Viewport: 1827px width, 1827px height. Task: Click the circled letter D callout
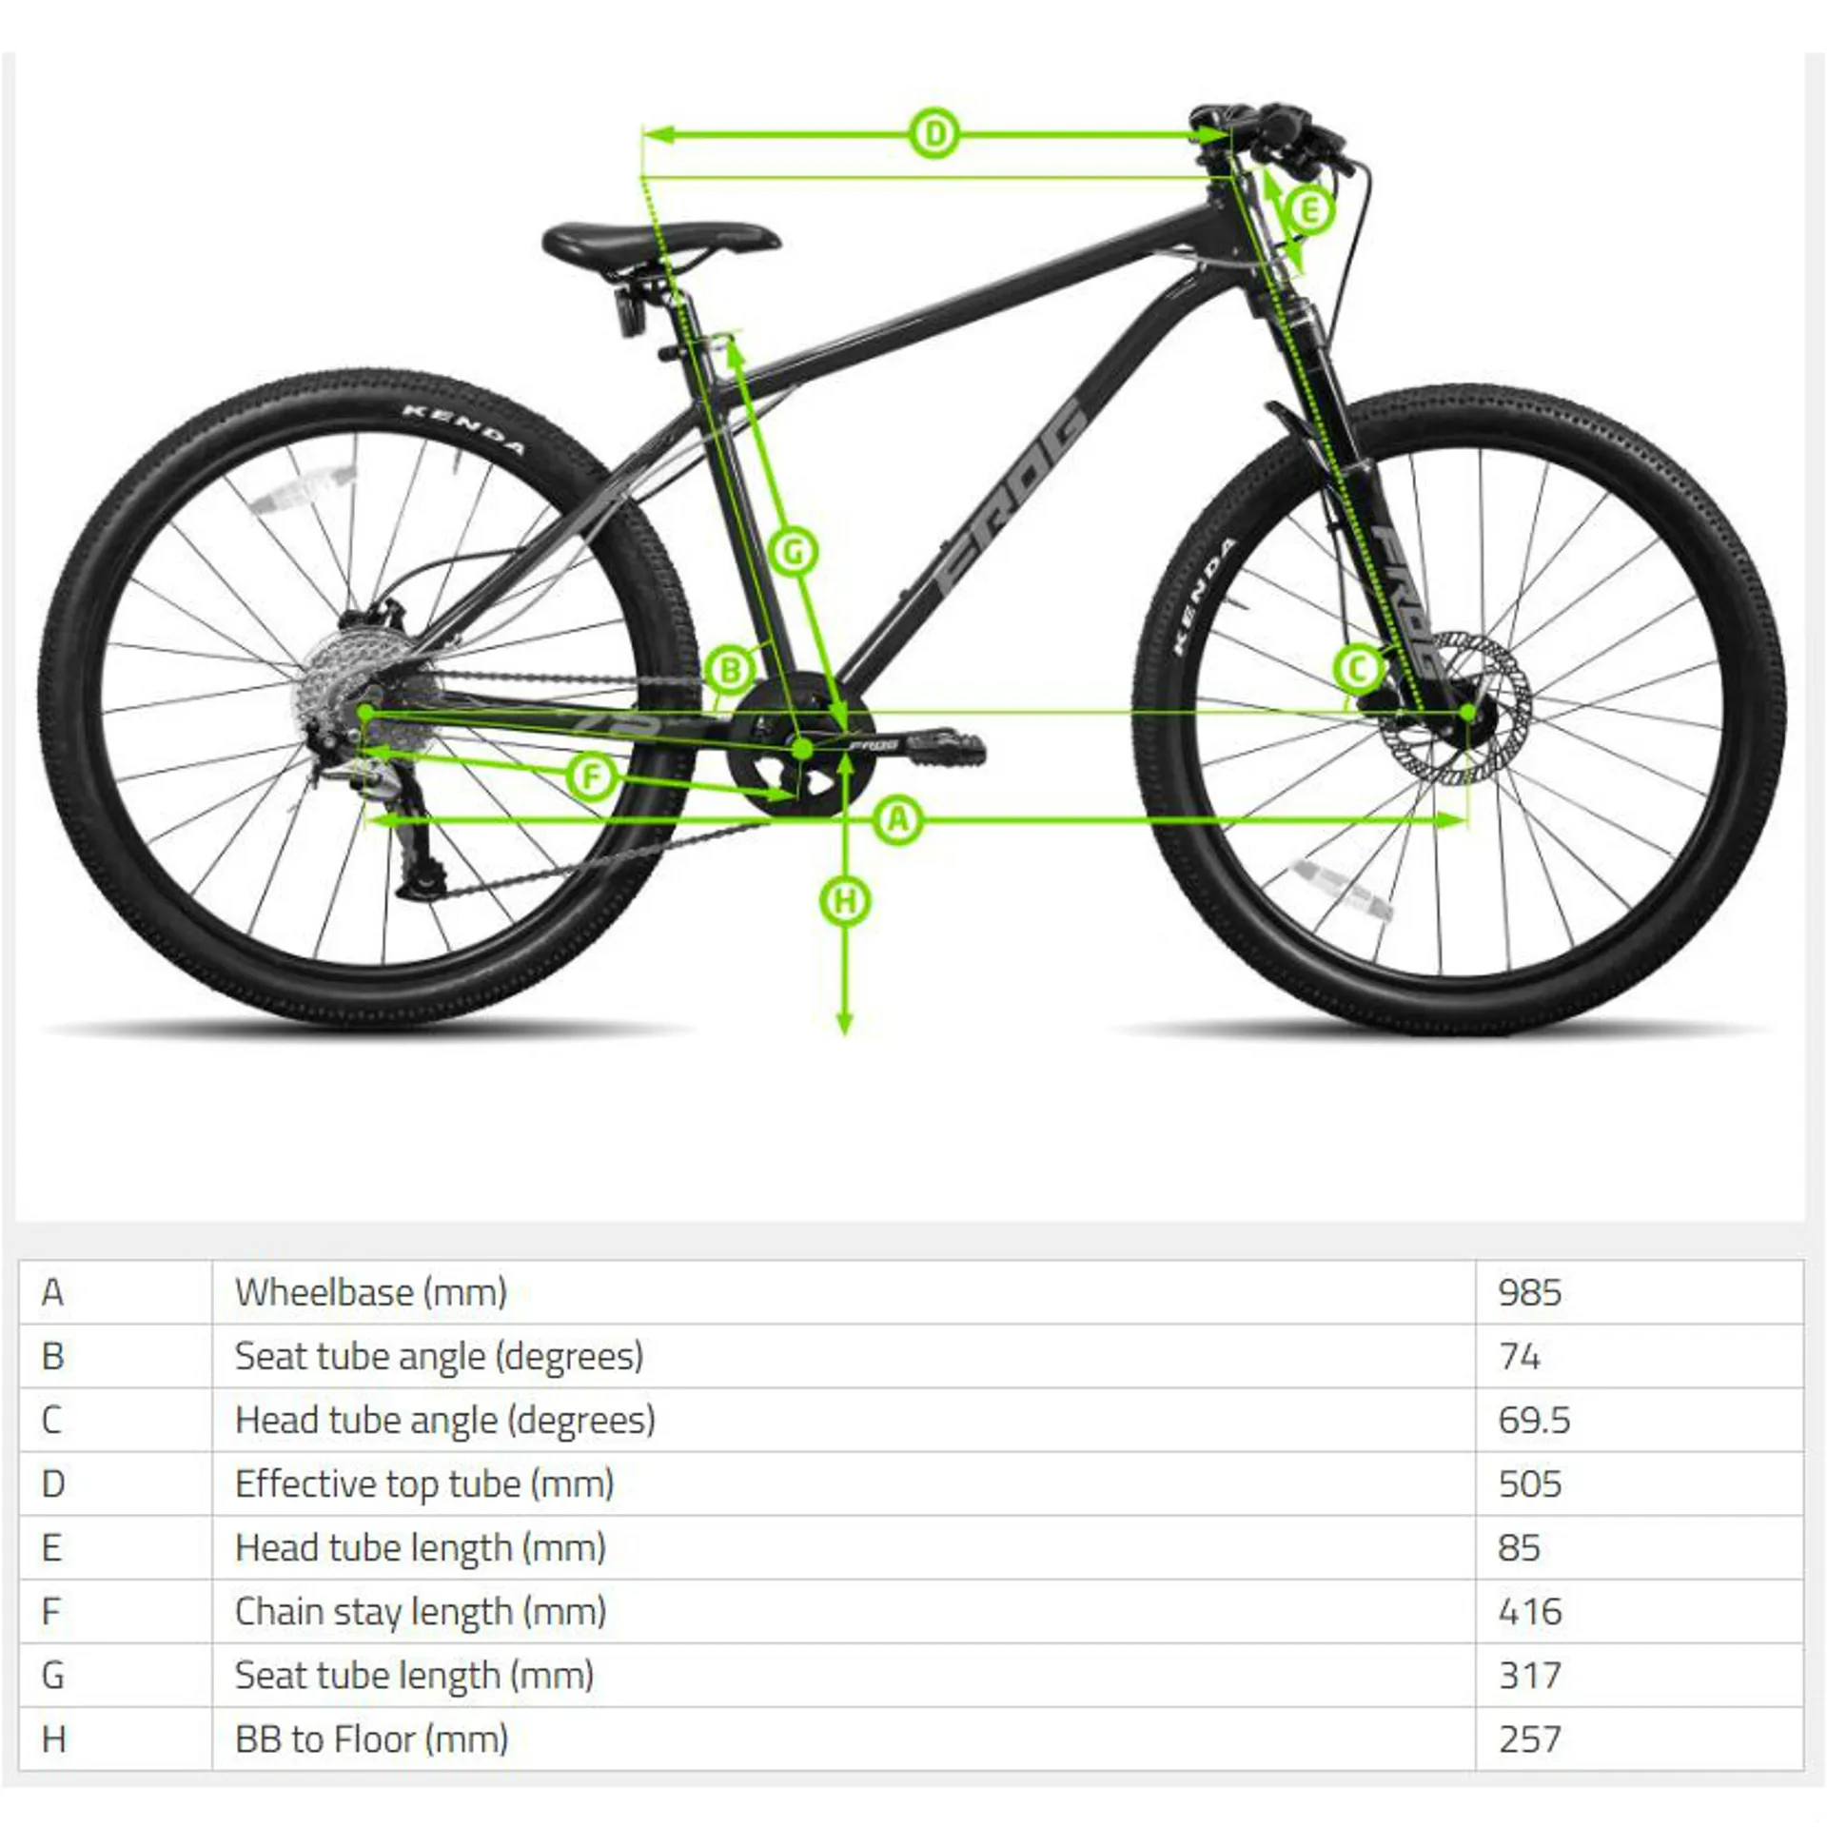click(x=934, y=134)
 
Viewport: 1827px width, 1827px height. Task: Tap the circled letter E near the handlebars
click(x=1308, y=209)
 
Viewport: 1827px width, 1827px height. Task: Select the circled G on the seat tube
click(x=794, y=551)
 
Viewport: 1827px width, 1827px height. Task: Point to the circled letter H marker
click(x=845, y=901)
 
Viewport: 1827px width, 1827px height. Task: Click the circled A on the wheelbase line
click(x=898, y=819)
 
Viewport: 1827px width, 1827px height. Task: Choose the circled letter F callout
click(x=592, y=777)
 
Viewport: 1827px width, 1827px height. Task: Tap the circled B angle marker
click(x=730, y=670)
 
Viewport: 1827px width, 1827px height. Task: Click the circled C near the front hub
click(x=1357, y=669)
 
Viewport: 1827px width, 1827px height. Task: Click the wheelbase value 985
click(x=1529, y=1292)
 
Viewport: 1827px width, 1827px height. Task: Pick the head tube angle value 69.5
click(x=1534, y=1420)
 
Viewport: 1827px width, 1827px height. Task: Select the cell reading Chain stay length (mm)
click(x=421, y=1611)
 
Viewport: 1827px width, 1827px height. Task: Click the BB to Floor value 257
click(x=1529, y=1739)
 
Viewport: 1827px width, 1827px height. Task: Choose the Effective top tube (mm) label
click(x=424, y=1483)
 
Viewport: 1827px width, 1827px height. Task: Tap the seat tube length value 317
click(x=1529, y=1675)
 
